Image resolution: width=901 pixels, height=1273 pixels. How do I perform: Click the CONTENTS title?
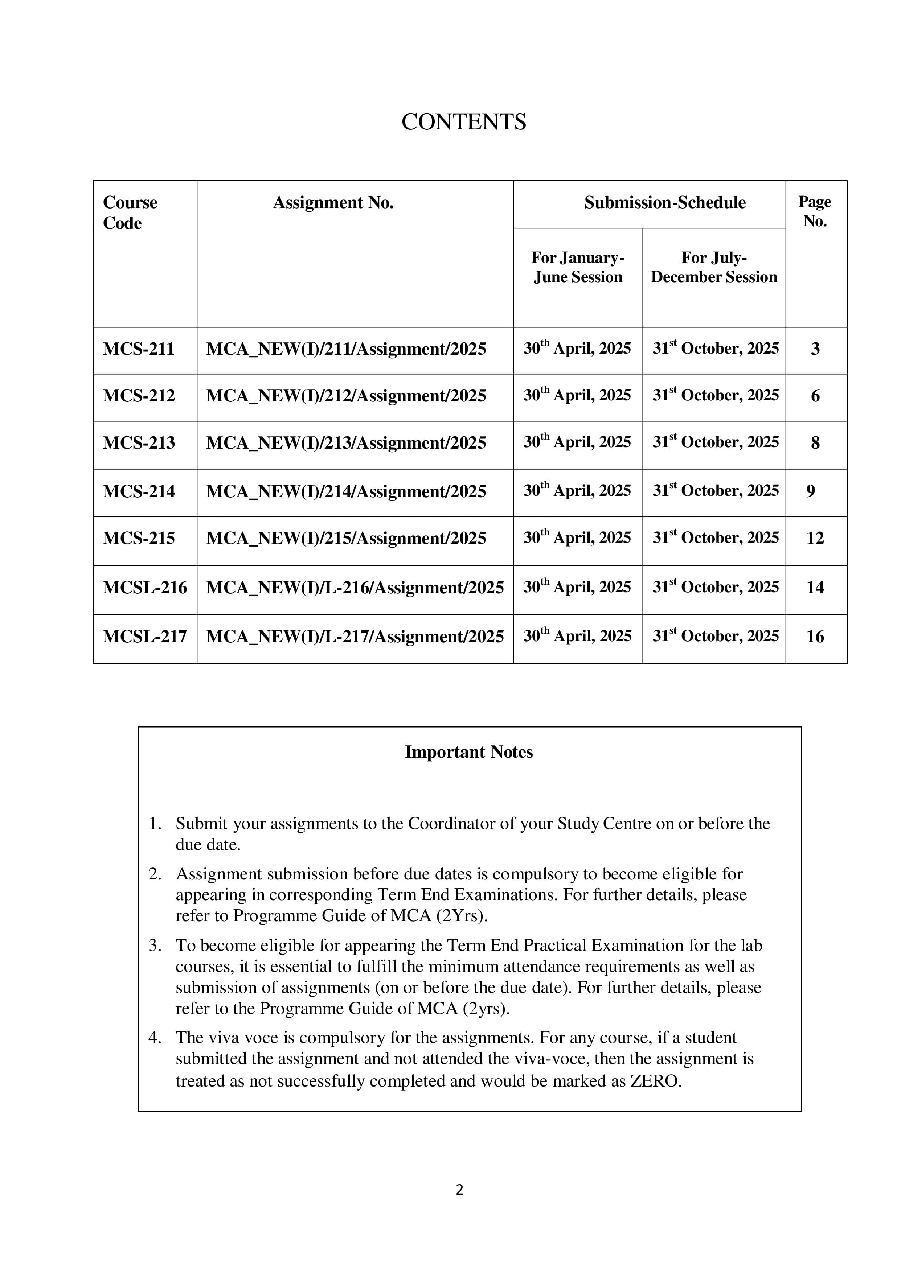(463, 122)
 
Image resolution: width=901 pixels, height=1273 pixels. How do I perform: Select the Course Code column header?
(130, 213)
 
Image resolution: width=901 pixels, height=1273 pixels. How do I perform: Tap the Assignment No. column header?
(333, 203)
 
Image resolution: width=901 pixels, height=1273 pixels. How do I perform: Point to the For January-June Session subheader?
(578, 267)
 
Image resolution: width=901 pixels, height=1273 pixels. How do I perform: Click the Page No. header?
(814, 211)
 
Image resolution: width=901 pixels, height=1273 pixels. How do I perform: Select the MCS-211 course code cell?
(139, 349)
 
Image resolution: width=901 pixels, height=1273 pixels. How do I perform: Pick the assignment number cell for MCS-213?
(346, 443)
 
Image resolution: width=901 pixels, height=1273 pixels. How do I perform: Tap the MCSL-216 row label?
(145, 588)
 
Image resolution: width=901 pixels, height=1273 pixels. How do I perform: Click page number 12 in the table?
(814, 538)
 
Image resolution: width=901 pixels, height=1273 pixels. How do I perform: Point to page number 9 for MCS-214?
(811, 491)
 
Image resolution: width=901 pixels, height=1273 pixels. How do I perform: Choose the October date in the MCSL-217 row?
(715, 636)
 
